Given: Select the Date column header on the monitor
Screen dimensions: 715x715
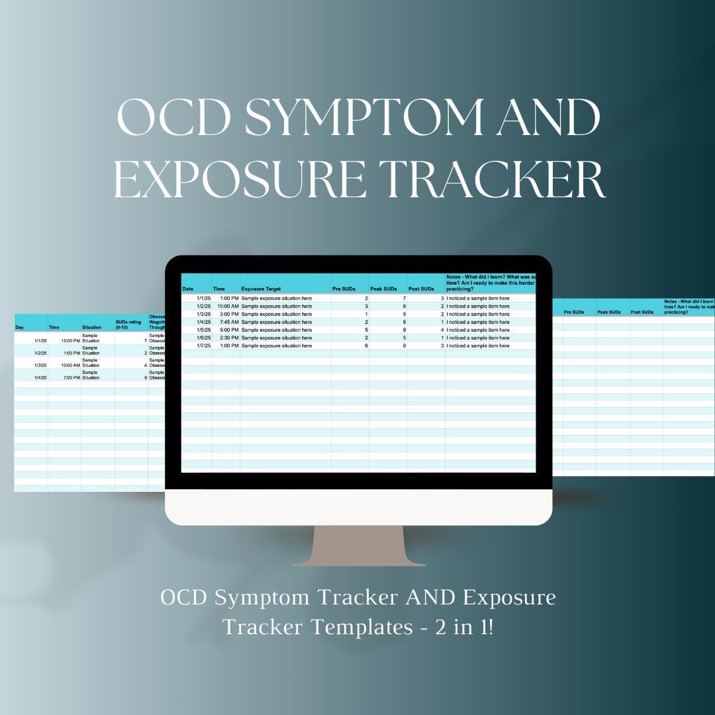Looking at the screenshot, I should pyautogui.click(x=188, y=289).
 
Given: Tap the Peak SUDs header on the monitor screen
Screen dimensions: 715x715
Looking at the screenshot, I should pyautogui.click(x=383, y=289).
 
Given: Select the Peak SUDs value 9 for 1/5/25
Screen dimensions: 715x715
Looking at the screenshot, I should pyautogui.click(x=404, y=330).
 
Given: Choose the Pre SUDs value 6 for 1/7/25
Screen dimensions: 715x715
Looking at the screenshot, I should pyautogui.click(x=366, y=346).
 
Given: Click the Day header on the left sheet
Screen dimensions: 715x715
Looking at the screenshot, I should pyautogui.click(x=20, y=327).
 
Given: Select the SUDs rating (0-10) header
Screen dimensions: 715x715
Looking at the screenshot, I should pyautogui.click(x=129, y=324).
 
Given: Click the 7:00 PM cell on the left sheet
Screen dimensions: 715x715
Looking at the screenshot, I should pyautogui.click(x=70, y=377).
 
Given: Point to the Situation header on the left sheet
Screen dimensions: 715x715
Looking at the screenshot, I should pyautogui.click(x=92, y=327).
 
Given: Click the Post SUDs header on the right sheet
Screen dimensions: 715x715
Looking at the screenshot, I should pyautogui.click(x=642, y=312).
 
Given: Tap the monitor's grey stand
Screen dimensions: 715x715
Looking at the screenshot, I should pyautogui.click(x=359, y=546).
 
